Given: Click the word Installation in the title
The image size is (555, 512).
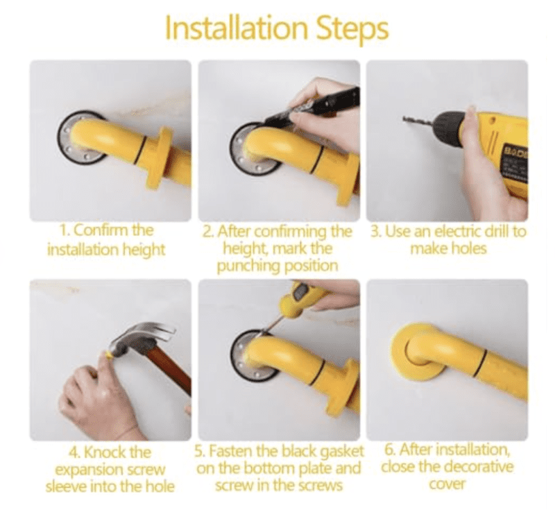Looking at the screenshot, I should click(x=225, y=29).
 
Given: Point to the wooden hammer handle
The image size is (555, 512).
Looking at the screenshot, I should click(x=171, y=371).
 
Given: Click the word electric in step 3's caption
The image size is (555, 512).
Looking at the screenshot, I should click(x=456, y=232).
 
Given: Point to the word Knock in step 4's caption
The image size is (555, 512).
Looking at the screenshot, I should click(x=105, y=452).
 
